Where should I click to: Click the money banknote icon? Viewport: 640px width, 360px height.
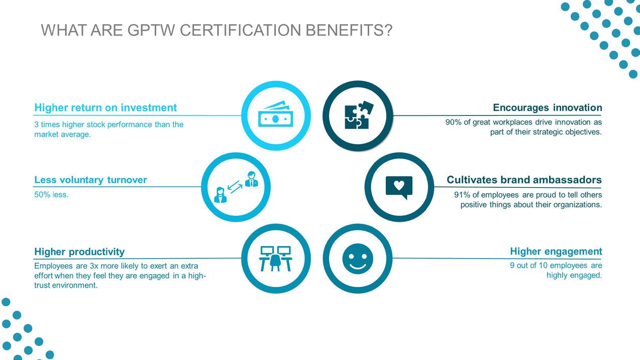point(275,115)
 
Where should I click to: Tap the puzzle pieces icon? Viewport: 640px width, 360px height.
point(357,115)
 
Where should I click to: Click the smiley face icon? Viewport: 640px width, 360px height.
point(358,259)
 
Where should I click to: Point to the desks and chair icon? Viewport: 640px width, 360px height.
point(275,259)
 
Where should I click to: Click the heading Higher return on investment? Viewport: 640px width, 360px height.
point(105,107)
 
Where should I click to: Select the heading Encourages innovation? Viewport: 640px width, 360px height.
point(547,107)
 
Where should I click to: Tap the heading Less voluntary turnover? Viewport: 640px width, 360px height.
point(90,180)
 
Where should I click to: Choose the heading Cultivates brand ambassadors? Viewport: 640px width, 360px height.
point(524,180)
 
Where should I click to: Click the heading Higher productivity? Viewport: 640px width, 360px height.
point(79,252)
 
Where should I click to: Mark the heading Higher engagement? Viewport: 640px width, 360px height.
point(556,251)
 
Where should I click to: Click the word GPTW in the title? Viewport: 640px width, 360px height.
point(151,31)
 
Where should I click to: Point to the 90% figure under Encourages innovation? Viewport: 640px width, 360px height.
point(453,122)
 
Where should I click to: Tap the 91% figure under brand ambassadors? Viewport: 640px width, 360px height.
point(462,195)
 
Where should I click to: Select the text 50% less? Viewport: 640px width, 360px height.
point(51,195)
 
